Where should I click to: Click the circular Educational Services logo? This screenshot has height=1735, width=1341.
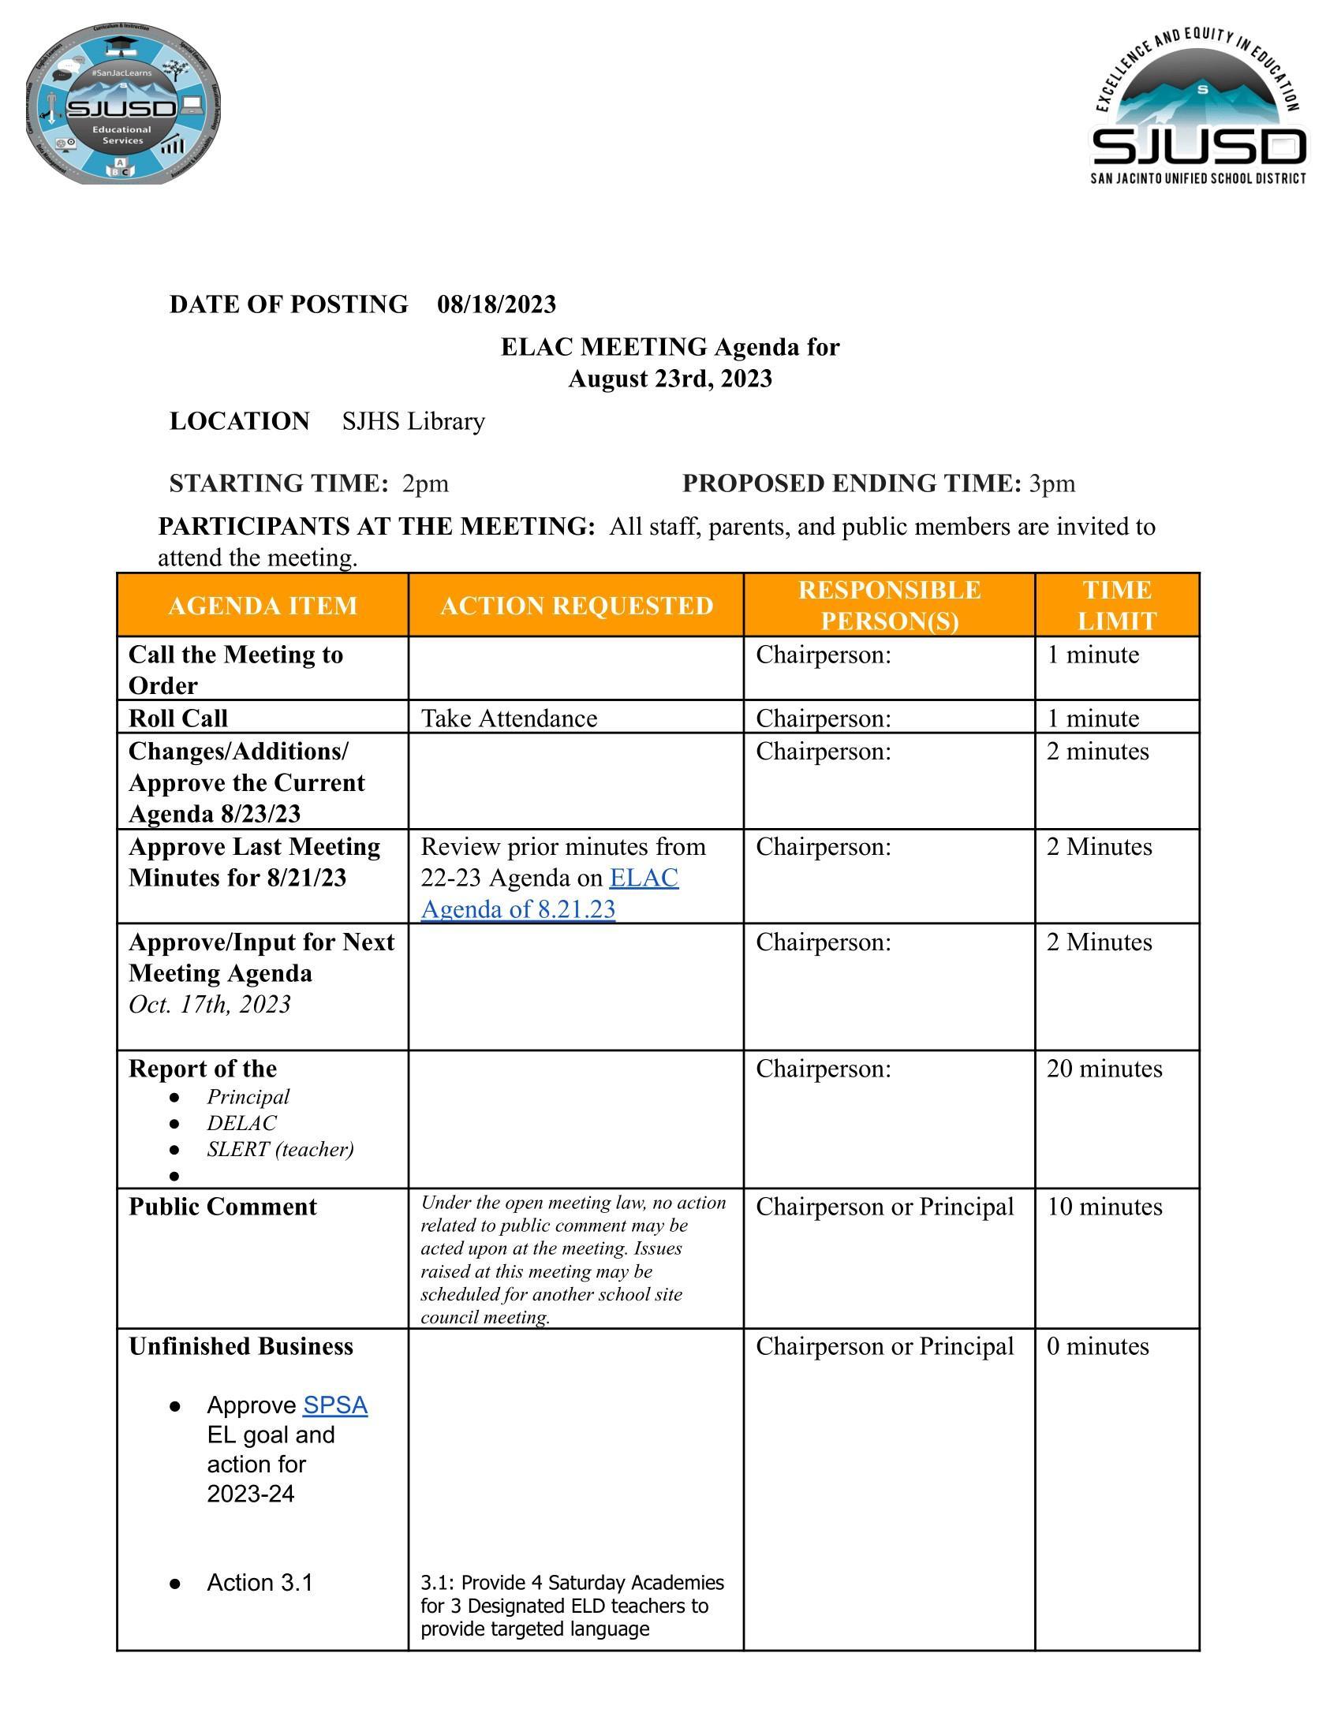123,104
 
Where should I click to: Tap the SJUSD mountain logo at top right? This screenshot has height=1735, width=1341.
1198,107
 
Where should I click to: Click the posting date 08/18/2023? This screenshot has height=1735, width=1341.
496,304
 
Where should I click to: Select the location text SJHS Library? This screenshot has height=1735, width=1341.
413,421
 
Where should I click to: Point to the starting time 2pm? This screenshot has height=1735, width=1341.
425,483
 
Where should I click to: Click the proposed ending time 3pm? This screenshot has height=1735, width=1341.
1052,483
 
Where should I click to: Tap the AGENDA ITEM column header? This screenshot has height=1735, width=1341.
262,606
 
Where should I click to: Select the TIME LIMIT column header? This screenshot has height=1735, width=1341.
1116,606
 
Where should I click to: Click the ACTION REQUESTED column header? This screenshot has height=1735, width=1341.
576,606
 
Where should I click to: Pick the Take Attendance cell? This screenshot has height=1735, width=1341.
509,718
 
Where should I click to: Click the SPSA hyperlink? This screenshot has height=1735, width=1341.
334,1405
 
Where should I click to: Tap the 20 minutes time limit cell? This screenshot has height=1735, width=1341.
1104,1069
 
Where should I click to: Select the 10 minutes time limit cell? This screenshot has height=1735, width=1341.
1104,1207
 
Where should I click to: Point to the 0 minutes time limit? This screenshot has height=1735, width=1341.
1097,1346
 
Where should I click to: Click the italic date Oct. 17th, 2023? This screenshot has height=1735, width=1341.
210,1005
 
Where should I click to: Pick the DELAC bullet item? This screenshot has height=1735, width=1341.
241,1123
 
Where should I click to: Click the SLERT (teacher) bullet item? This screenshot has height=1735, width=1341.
280,1150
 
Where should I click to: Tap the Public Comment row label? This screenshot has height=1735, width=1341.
222,1207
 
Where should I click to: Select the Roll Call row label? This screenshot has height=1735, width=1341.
178,718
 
